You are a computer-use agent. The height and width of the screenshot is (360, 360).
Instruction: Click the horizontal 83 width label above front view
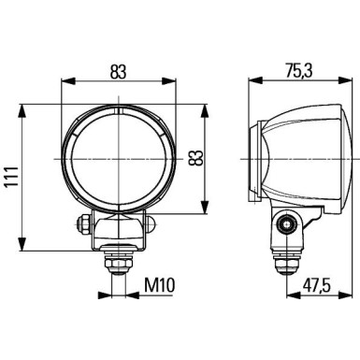(x=117, y=72)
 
